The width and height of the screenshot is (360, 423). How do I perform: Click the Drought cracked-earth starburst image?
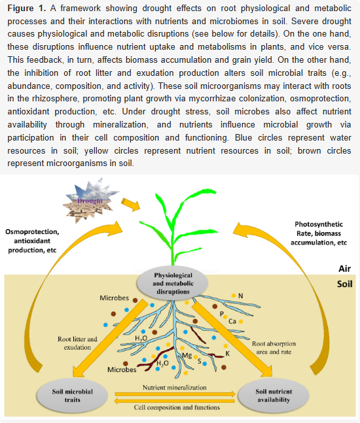[x=90, y=201]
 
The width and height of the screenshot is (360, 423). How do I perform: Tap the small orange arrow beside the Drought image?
[x=130, y=205]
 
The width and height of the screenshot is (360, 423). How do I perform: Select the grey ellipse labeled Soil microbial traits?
[x=73, y=396]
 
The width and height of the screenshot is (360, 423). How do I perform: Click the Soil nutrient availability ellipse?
[x=274, y=396]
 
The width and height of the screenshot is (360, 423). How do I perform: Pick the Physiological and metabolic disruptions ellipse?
[x=173, y=283]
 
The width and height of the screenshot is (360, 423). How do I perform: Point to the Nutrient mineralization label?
[x=175, y=388]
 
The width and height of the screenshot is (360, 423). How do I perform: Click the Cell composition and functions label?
[x=177, y=407]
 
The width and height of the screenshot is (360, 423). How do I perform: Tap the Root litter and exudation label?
[x=77, y=343]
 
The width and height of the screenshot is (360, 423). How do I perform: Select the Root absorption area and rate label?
[x=274, y=348]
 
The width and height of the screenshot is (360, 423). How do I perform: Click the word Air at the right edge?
[x=344, y=269]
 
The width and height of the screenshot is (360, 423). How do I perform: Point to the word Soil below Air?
[x=344, y=284]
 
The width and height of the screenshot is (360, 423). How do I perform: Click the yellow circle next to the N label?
[x=234, y=296]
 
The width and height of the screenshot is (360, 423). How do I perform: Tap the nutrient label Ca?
[x=232, y=321]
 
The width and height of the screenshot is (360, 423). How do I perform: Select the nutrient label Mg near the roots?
[x=187, y=356]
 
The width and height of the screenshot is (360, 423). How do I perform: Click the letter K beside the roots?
[x=228, y=354]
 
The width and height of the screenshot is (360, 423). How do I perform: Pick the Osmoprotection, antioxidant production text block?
[x=32, y=241]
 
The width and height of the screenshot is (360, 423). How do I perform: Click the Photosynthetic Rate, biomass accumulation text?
[x=319, y=233]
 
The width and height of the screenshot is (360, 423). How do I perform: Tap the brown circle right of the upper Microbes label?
[x=135, y=300]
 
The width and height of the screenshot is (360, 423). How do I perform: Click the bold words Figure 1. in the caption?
[x=27, y=8]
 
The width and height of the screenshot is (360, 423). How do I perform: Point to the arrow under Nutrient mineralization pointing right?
[x=175, y=394]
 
